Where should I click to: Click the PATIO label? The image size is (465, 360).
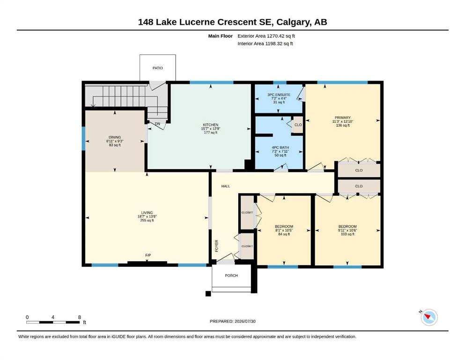coord(157,68)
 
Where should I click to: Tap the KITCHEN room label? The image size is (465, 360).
coord(211,125)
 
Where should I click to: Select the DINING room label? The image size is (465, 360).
coord(115,137)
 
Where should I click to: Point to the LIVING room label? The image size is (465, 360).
coord(147,213)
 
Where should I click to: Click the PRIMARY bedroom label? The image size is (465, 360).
coord(342,118)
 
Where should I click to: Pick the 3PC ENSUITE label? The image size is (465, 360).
coord(279,95)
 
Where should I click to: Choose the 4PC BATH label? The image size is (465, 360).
coord(280,148)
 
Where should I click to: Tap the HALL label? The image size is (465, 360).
coord(226,187)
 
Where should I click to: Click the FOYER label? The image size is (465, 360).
coord(216,246)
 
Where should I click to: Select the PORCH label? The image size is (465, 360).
coord(231,276)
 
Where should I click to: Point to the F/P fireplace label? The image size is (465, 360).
coord(148,255)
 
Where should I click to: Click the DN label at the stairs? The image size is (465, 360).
coord(157,124)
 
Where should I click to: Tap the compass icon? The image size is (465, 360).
coord(429,317)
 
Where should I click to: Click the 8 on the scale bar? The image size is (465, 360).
coord(80,317)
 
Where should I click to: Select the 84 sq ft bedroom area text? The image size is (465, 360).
coord(284,234)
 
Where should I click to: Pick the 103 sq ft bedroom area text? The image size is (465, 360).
coord(347,234)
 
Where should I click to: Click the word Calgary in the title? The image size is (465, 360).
coord(294,22)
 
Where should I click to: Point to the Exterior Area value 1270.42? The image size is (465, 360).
coord(276,36)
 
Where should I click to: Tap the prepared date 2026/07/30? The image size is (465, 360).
coord(245,322)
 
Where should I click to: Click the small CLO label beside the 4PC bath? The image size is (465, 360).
coord(298,125)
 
